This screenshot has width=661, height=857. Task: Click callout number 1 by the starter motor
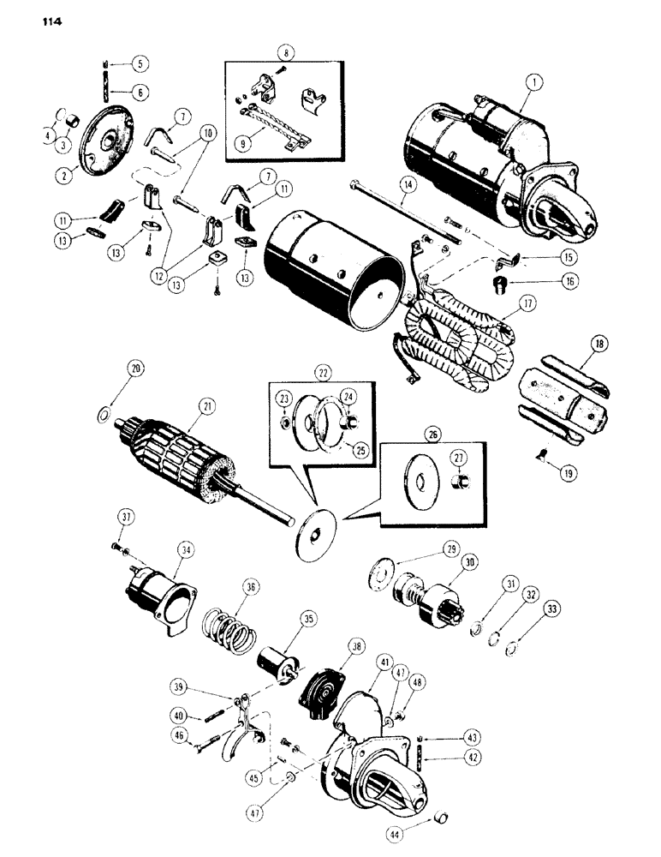(x=536, y=84)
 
